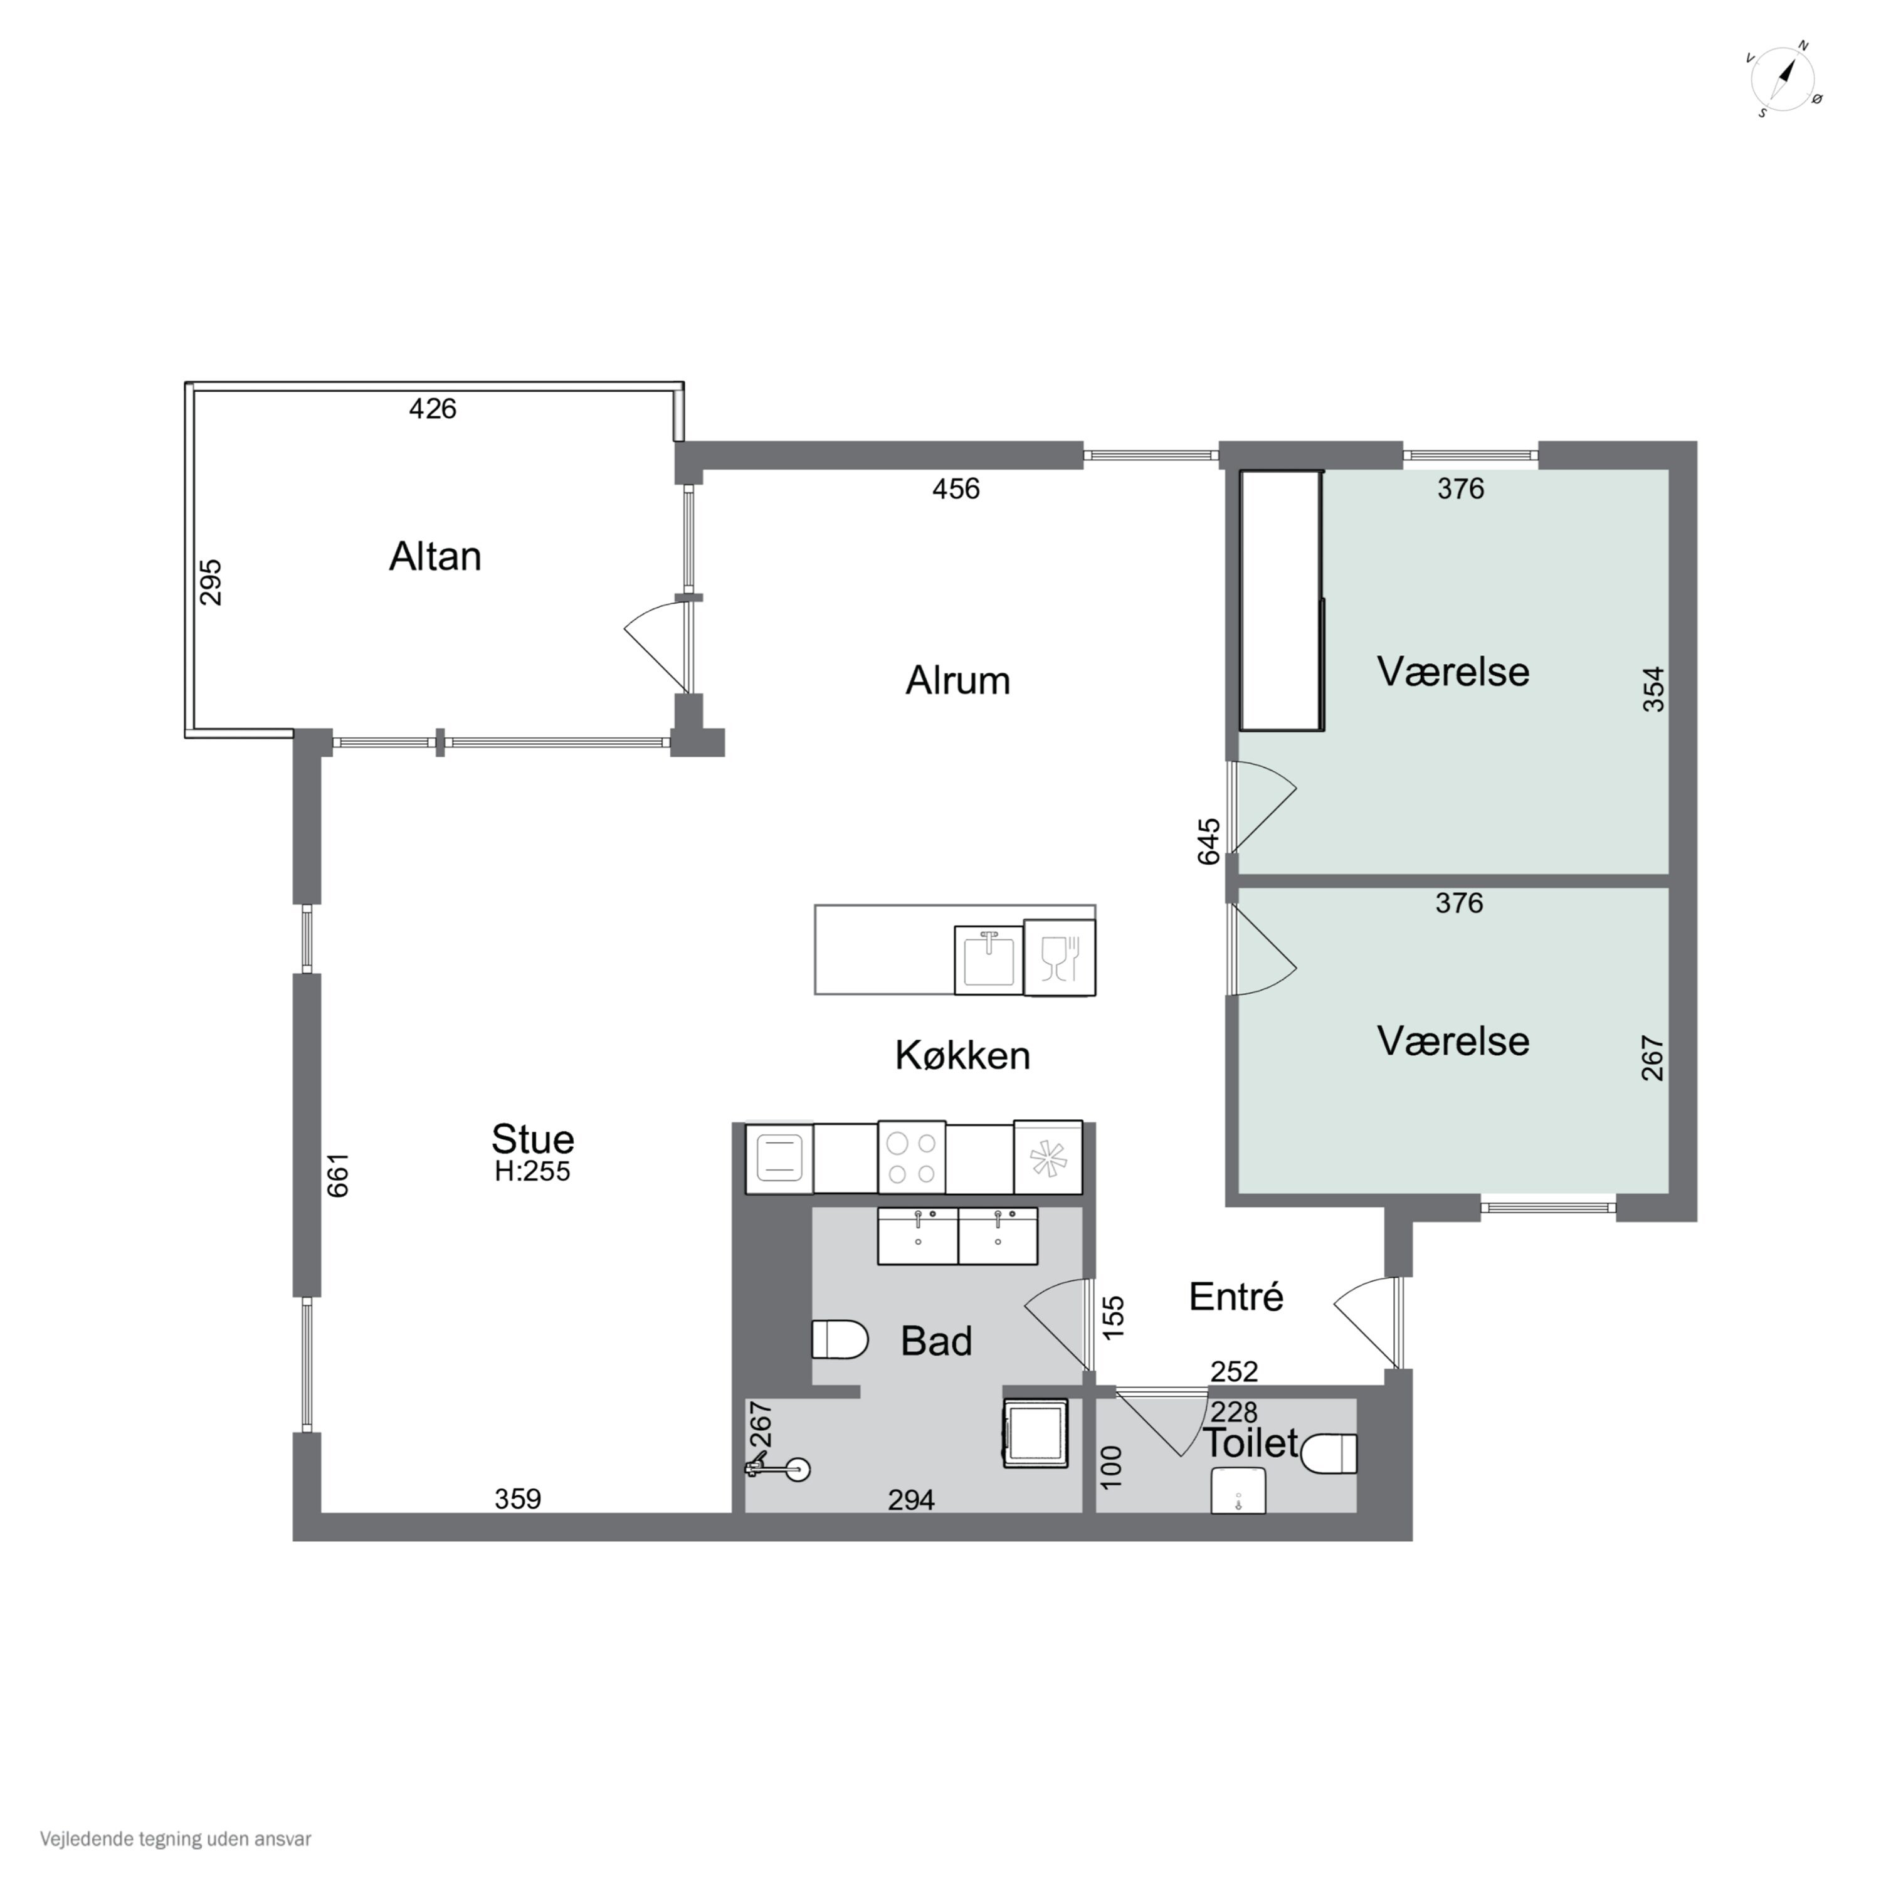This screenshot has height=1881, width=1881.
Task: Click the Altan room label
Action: tap(435, 556)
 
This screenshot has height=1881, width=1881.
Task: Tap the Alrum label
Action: tap(958, 680)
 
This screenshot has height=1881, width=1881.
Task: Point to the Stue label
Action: tap(532, 1138)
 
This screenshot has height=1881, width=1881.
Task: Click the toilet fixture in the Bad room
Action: tap(840, 1340)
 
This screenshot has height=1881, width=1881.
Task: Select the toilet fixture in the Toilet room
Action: tap(1329, 1453)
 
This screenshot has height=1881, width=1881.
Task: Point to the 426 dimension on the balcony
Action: tap(432, 409)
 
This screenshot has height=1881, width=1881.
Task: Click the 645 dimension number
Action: tap(1208, 841)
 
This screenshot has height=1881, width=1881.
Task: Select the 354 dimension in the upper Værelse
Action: tap(1653, 689)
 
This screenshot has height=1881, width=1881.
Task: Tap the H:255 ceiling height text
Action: tap(532, 1171)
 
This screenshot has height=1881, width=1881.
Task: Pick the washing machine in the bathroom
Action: tap(1036, 1433)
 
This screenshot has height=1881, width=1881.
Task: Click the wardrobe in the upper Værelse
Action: tap(1281, 601)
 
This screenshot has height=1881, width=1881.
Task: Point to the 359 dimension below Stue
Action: tap(518, 1499)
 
